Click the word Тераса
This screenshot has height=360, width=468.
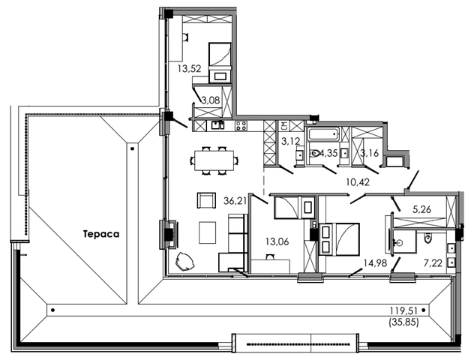click(x=101, y=234)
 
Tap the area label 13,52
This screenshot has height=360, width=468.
click(x=189, y=69)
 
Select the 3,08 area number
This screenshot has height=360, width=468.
click(x=211, y=100)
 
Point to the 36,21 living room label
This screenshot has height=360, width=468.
click(x=235, y=201)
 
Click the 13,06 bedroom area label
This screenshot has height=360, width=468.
click(x=277, y=241)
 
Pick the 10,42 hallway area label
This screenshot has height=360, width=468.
click(x=358, y=181)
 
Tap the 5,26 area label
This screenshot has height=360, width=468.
click(x=421, y=209)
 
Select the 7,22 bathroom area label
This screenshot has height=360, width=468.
click(x=433, y=263)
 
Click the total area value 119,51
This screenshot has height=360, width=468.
click(x=403, y=311)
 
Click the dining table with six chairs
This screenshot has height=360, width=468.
click(x=214, y=160)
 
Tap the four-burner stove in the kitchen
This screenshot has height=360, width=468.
click(x=241, y=126)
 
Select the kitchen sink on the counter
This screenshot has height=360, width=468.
click(x=217, y=124)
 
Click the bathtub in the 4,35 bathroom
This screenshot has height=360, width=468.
click(x=323, y=133)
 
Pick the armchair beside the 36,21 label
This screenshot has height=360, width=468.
click(x=206, y=200)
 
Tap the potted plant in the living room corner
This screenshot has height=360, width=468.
click(x=184, y=262)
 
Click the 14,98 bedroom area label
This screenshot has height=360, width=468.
click(x=375, y=263)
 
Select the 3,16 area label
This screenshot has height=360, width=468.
click(x=370, y=153)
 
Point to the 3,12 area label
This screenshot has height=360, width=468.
click(x=290, y=141)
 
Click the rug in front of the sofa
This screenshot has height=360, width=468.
click(x=208, y=232)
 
